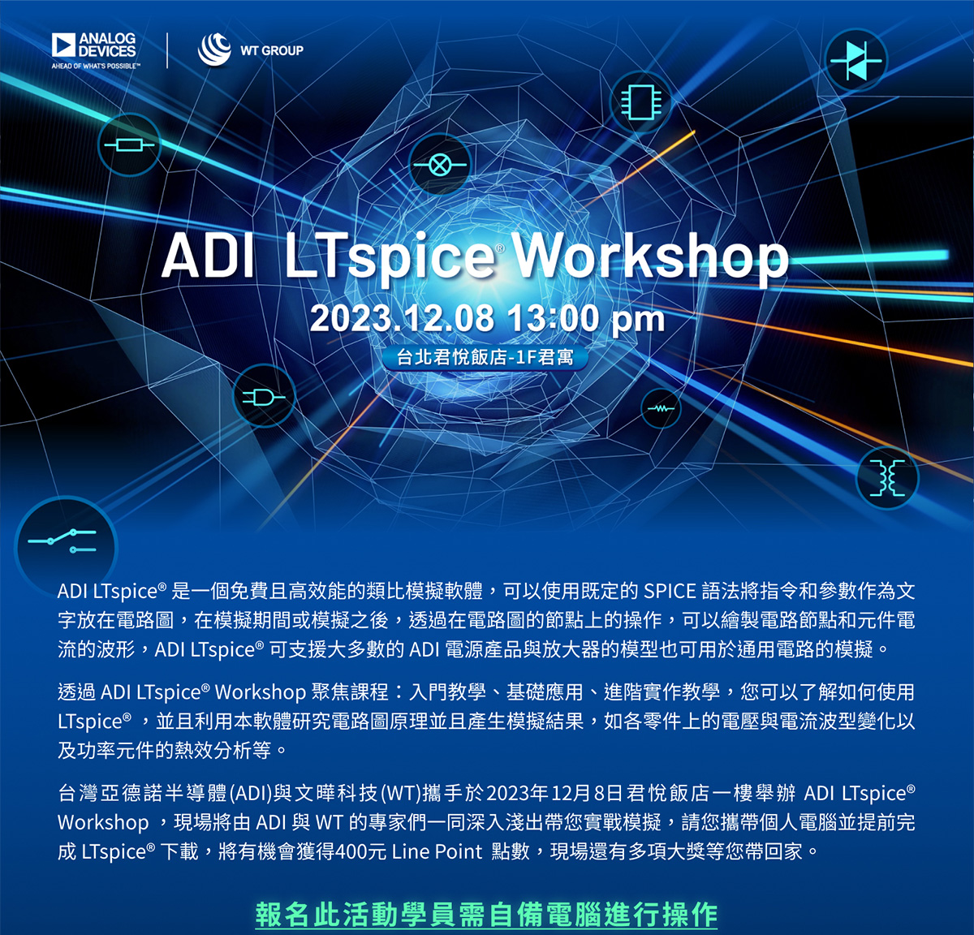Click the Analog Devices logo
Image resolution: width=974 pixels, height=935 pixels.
click(93, 50)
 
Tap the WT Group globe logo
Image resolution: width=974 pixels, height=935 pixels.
click(214, 50)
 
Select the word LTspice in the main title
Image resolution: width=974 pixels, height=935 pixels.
click(390, 259)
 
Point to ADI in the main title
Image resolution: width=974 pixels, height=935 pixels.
click(207, 256)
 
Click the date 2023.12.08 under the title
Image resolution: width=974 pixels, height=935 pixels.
click(402, 318)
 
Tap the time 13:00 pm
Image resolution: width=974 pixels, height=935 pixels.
click(585, 319)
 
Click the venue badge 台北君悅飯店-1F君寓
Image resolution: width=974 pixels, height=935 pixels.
click(485, 357)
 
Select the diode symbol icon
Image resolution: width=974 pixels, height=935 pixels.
click(856, 61)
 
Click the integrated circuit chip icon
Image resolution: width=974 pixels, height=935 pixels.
click(640, 102)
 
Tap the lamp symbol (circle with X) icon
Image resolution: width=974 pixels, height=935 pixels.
click(439, 164)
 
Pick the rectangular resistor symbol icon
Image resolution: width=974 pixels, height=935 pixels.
click(129, 145)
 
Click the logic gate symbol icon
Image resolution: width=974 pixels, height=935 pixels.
click(264, 397)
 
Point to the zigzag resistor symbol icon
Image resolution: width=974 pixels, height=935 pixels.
click(661, 408)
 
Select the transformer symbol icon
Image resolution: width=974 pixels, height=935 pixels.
click(887, 477)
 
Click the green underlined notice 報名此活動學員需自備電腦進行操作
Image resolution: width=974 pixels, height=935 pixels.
click(486, 914)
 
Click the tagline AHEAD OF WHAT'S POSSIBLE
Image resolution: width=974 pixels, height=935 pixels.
click(96, 66)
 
